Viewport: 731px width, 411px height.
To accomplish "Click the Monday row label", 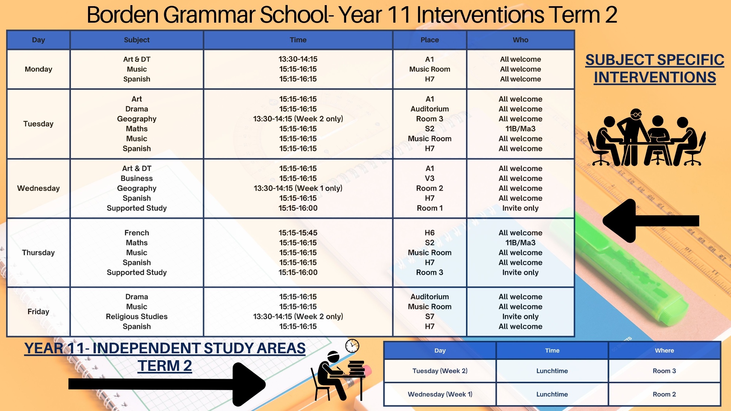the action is pos(38,69).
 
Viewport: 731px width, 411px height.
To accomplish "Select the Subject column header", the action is pos(137,40).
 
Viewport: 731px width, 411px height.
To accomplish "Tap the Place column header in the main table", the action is pos(429,40).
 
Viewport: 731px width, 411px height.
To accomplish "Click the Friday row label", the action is pos(38,312).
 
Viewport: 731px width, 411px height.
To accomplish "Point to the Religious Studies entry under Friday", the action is pos(137,316).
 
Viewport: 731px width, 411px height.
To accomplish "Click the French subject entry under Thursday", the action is pos(137,233).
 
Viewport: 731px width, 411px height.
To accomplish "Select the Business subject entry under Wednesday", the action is pos(137,178).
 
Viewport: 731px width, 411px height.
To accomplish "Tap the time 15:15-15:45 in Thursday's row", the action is pos(298,233).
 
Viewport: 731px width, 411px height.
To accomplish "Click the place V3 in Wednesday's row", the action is pos(429,178).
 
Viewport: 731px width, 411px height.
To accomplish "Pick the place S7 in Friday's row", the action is pos(429,316).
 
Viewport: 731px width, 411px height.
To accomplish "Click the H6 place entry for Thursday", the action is pos(429,233).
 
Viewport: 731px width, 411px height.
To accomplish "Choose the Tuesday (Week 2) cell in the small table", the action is pos(440,371).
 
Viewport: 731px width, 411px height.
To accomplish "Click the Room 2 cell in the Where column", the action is pos(664,394).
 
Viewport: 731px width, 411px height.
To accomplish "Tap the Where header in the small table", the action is pos(664,350).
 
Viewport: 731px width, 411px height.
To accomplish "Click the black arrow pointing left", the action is pos(651,221).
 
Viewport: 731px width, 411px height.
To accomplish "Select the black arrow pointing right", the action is pos(167,384).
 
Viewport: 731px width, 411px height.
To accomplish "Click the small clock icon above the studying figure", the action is pos(352,346).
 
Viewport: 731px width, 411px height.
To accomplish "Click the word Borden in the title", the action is pos(122,15).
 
